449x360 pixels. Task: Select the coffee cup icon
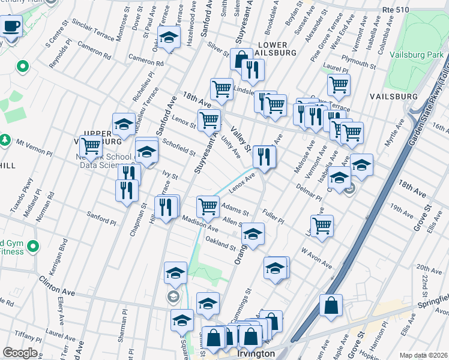pos(11,26)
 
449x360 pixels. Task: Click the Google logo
pos(20,353)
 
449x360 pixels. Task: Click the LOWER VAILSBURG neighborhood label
pos(276,49)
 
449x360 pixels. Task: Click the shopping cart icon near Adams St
pos(208,206)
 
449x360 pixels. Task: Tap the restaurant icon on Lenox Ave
pos(264,157)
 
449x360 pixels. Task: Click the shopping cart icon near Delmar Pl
pos(322,226)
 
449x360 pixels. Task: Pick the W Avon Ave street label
pos(316,257)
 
